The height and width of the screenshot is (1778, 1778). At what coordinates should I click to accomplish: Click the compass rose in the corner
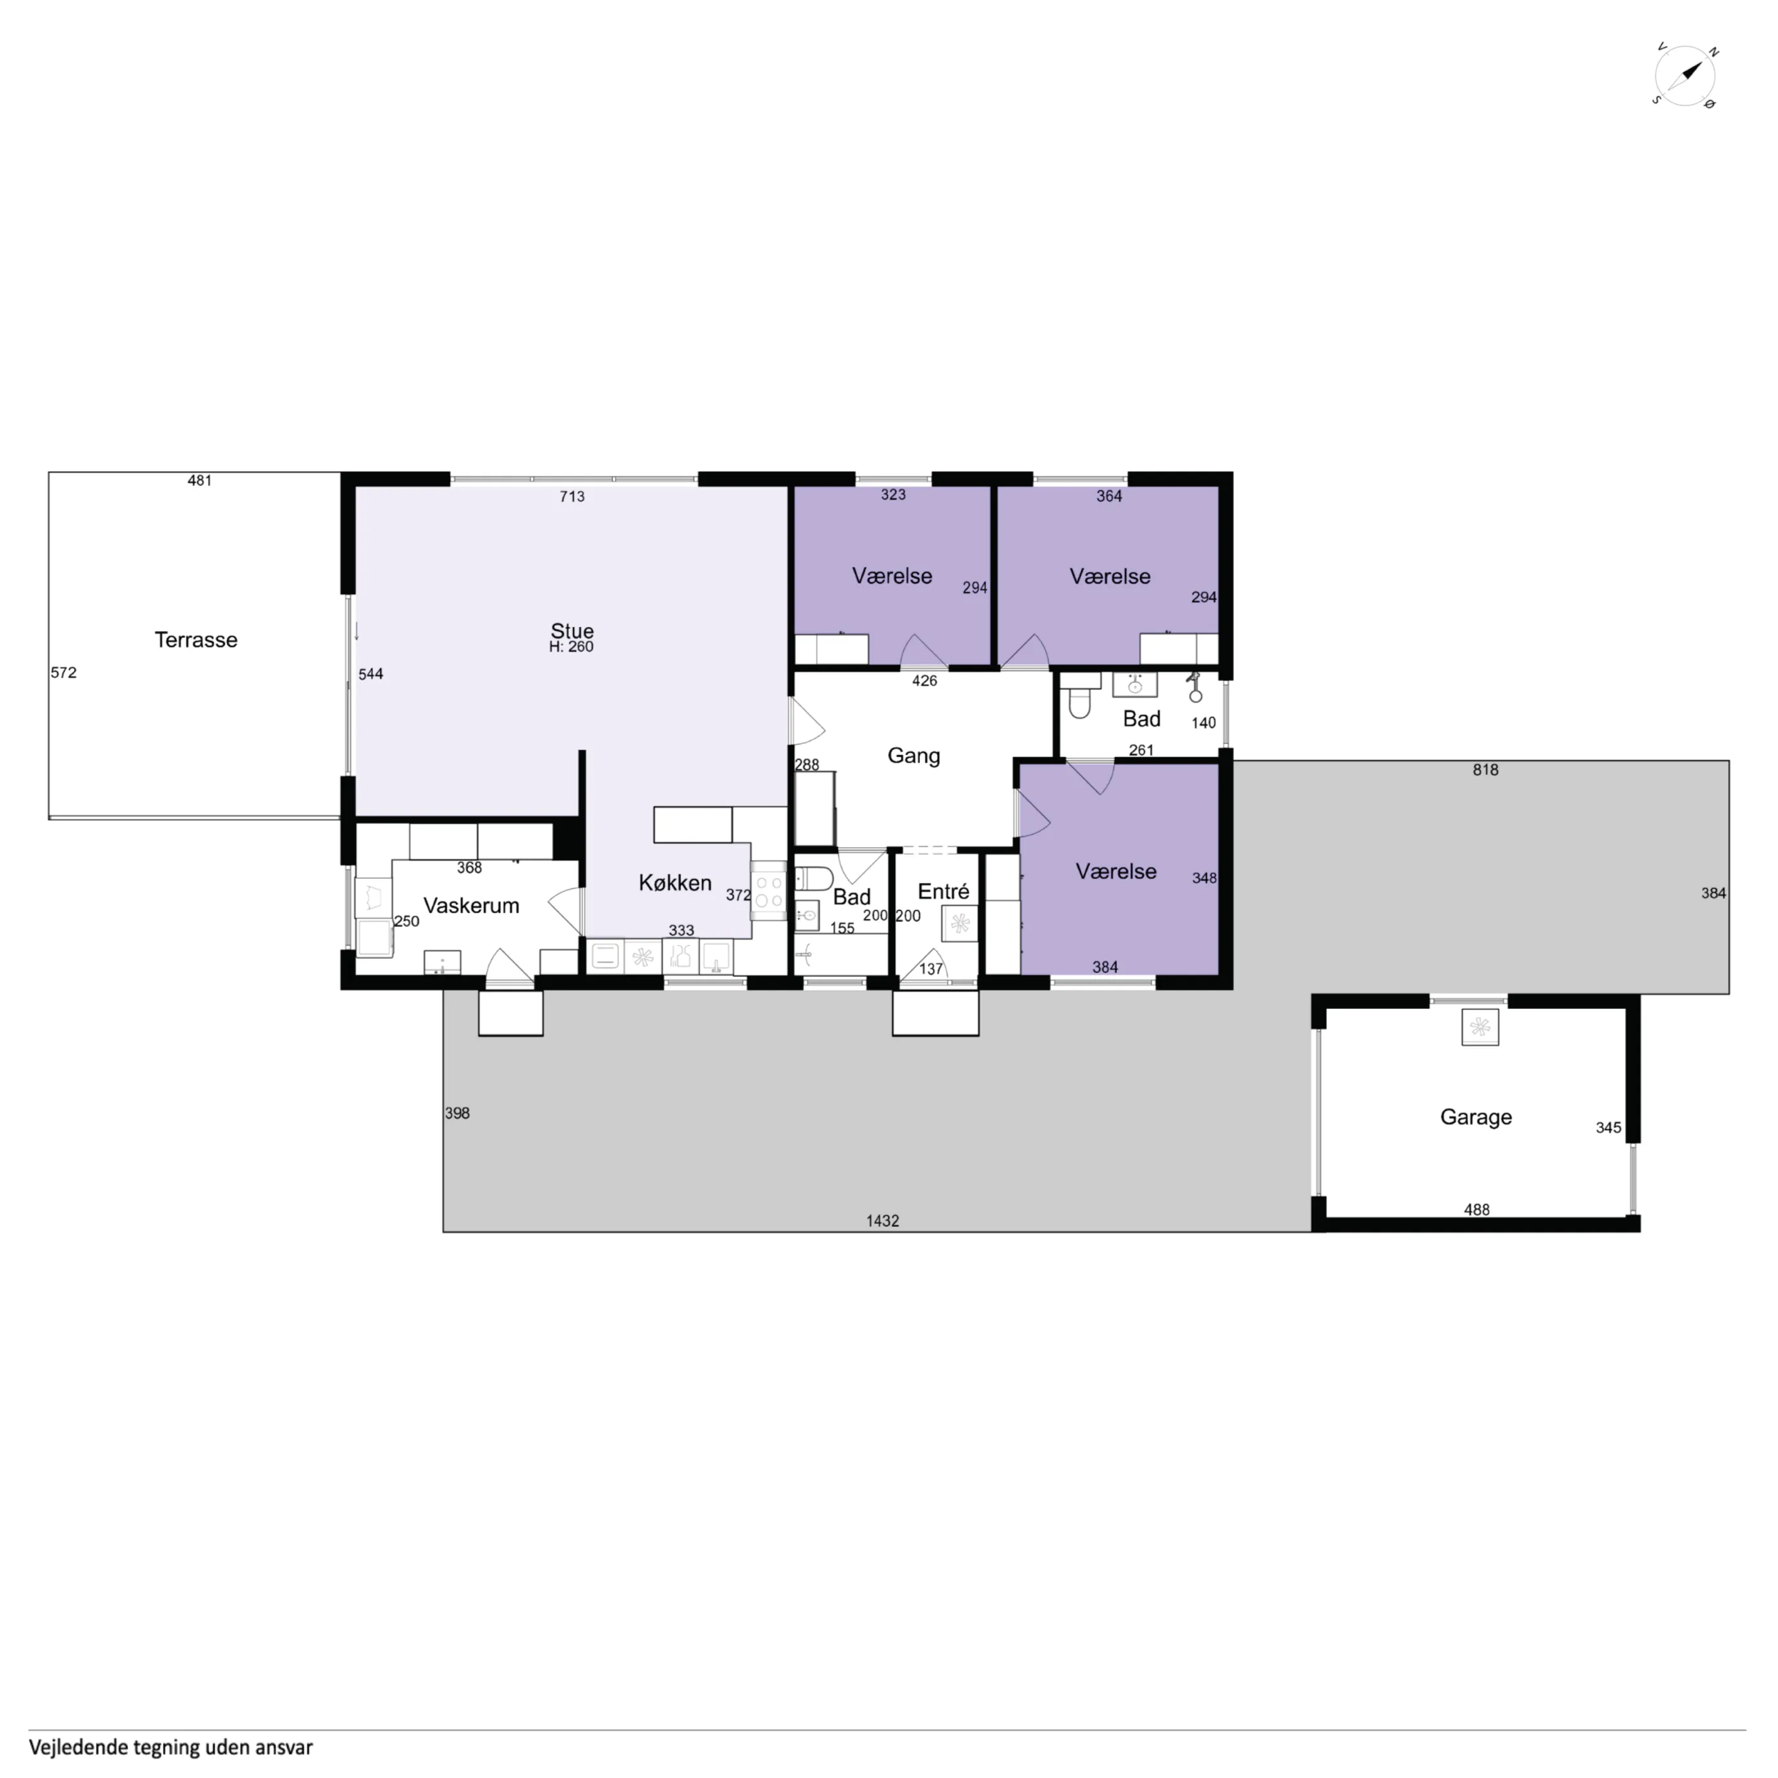click(x=1685, y=76)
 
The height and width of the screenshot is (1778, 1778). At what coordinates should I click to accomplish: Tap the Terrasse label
click(x=196, y=639)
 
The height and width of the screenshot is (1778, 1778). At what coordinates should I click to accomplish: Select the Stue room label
click(x=572, y=630)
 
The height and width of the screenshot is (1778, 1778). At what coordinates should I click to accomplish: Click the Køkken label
click(x=676, y=882)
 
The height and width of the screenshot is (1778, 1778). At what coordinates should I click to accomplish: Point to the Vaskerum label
click(x=471, y=905)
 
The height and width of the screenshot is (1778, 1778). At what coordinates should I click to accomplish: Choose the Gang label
click(x=914, y=756)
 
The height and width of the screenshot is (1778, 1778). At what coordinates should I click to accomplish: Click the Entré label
click(x=943, y=891)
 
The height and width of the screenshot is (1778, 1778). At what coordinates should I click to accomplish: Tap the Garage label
click(x=1476, y=1116)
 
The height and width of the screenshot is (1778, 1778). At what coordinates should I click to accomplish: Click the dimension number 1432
click(x=882, y=1220)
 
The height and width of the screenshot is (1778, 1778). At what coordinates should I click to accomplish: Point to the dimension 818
click(x=1485, y=769)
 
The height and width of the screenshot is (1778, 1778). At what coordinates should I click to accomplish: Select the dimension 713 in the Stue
click(x=572, y=496)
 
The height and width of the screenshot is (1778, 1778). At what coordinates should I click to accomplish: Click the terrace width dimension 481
click(x=199, y=480)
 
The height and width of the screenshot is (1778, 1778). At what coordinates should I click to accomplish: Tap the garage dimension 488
click(x=1476, y=1209)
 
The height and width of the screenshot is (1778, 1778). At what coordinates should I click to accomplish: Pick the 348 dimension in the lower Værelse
click(x=1205, y=878)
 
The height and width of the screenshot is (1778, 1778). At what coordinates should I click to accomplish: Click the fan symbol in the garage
click(x=1480, y=1026)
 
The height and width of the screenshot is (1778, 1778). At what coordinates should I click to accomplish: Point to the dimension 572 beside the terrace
click(x=63, y=673)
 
